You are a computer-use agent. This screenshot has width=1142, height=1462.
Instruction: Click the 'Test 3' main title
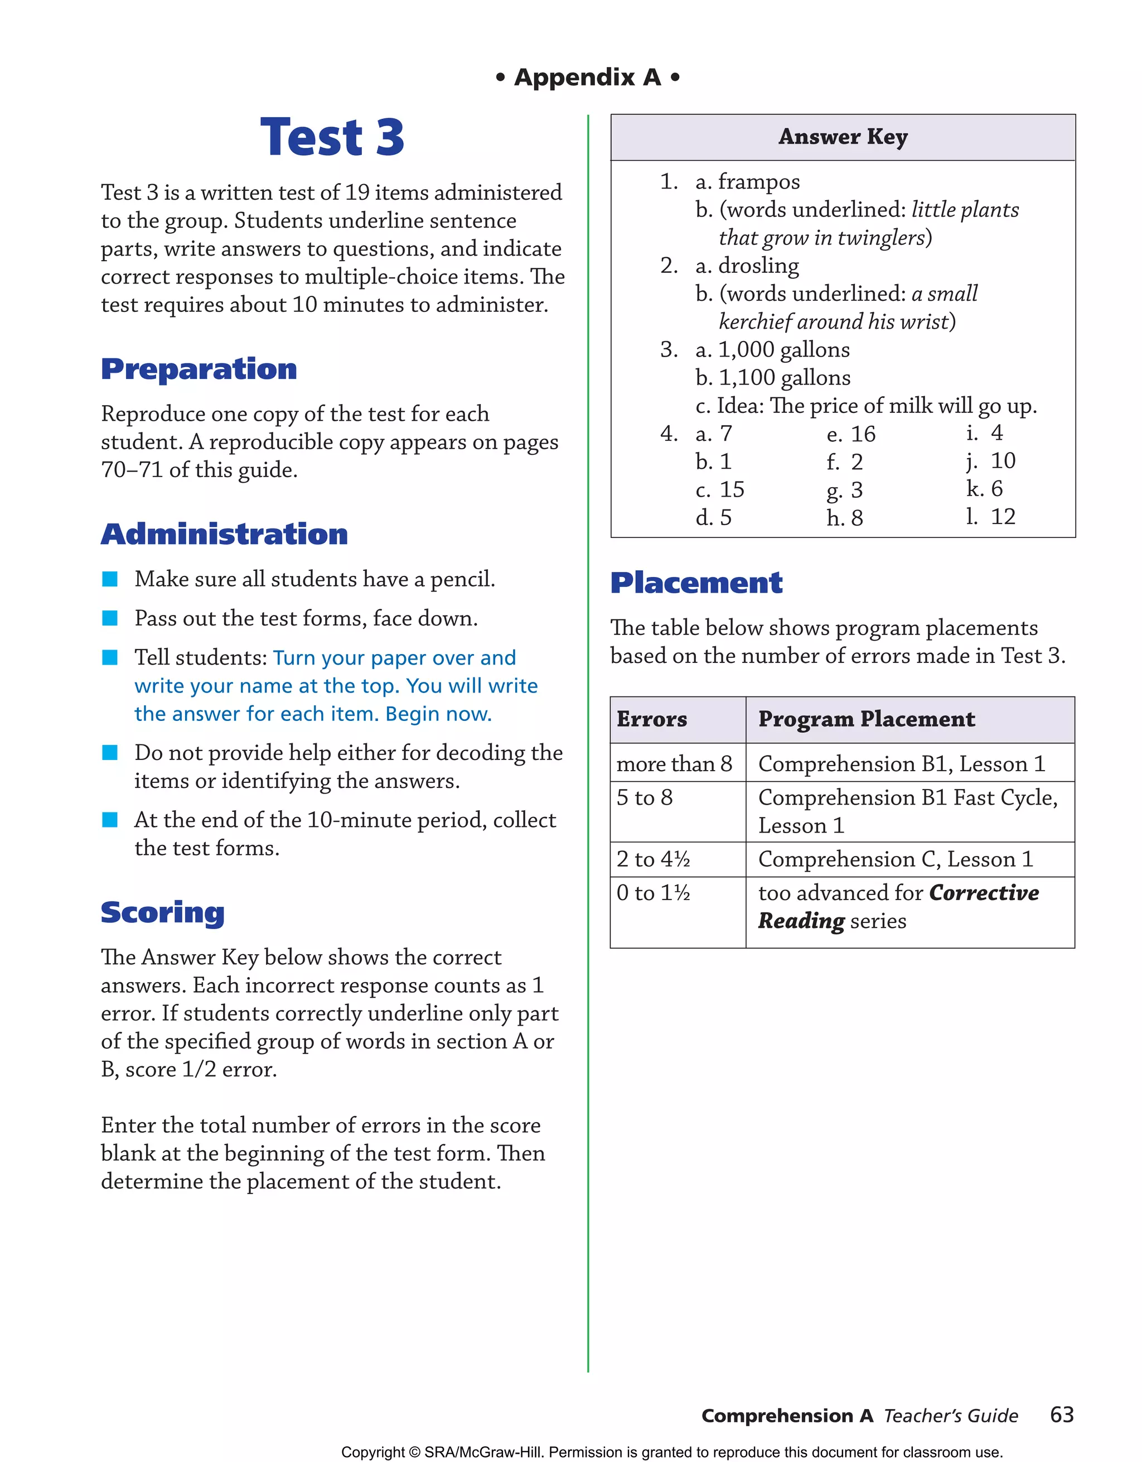pos(332,137)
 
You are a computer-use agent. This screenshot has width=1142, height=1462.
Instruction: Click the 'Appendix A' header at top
pos(587,78)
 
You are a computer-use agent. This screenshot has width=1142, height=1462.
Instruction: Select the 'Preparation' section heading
pos(199,369)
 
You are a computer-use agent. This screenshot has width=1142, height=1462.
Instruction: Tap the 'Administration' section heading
pos(224,534)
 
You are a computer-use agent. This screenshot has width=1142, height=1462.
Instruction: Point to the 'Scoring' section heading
pos(163,912)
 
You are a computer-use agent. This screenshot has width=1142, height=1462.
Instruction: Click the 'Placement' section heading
pos(696,583)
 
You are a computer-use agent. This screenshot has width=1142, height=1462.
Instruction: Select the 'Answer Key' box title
pos(843,137)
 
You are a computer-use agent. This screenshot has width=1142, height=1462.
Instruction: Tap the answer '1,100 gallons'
pos(783,378)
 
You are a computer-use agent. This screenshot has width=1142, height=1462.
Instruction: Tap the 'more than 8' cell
pos(674,764)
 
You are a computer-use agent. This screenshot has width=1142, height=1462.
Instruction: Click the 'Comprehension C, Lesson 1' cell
pos(895,859)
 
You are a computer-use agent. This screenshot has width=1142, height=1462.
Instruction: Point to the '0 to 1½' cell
pos(653,893)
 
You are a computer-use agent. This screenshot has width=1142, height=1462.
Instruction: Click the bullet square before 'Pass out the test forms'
pos(110,618)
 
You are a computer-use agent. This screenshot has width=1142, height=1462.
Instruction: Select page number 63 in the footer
pos(1061,1415)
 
